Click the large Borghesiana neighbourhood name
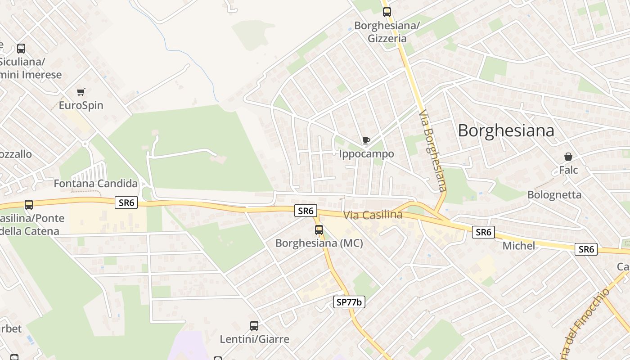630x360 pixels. tap(506, 130)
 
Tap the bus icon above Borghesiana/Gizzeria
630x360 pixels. tap(387, 12)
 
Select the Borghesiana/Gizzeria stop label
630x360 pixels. tap(387, 31)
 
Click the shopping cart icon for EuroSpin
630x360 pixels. tap(81, 92)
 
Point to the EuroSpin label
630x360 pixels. tap(81, 105)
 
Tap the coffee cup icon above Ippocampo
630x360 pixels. tap(366, 141)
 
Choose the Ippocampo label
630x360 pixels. tap(366, 154)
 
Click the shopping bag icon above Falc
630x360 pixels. tap(568, 157)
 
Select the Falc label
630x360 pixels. tap(568, 170)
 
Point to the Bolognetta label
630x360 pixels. tap(554, 195)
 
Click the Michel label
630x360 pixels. tap(519, 246)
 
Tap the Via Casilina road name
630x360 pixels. tap(373, 215)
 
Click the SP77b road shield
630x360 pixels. tap(349, 302)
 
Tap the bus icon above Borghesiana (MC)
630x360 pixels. tap(319, 230)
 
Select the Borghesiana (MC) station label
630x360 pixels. tap(319, 243)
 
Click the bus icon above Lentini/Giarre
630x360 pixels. tap(254, 326)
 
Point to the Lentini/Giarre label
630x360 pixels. tap(254, 339)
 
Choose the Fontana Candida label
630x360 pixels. tap(95, 184)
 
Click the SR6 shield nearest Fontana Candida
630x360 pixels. tap(126, 203)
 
